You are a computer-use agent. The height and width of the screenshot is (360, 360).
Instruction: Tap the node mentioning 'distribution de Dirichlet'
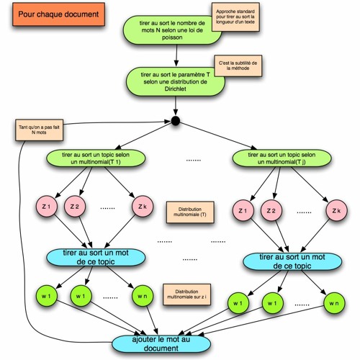175,83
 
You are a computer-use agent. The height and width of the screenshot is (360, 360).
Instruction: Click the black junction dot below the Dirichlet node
174,120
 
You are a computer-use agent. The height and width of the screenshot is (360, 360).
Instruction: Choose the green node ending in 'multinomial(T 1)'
93,158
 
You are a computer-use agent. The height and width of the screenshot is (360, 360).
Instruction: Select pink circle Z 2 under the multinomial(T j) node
271,211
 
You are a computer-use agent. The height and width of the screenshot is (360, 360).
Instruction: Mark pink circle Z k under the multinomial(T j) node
336,211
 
